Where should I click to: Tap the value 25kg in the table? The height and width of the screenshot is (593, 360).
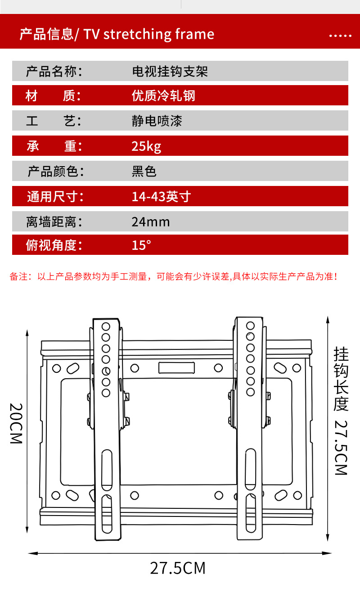click(146, 146)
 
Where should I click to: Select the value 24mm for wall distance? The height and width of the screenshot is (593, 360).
click(151, 222)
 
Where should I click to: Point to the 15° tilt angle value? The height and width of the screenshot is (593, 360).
click(141, 245)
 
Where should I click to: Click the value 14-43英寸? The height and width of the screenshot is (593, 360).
click(161, 197)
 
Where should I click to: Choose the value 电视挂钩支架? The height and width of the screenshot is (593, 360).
click(170, 72)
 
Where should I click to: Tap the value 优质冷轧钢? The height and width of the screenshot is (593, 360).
click(163, 96)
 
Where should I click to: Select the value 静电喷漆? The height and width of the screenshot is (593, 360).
click(157, 121)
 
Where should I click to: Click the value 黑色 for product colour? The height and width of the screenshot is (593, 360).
click(144, 172)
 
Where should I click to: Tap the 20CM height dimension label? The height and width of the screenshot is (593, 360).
click(16, 423)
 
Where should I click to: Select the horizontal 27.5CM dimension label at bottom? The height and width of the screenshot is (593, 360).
click(178, 568)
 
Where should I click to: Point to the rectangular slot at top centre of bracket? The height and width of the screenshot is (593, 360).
click(176, 367)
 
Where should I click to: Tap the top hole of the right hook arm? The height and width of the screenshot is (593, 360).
click(251, 325)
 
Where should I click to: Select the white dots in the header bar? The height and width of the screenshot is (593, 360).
click(340, 36)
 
